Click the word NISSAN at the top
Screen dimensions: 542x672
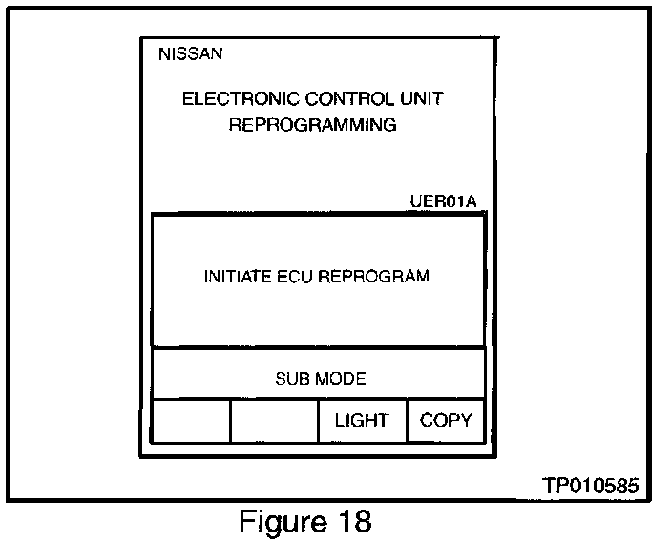pos(190,53)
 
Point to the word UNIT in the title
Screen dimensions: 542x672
pos(425,98)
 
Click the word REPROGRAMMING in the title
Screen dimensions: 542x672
pos(312,125)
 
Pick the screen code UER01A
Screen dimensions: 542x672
pos(441,201)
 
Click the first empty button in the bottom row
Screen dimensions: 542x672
pos(191,421)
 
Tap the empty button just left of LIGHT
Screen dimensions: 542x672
pos(274,421)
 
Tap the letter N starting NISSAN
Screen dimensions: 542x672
pos(163,53)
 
